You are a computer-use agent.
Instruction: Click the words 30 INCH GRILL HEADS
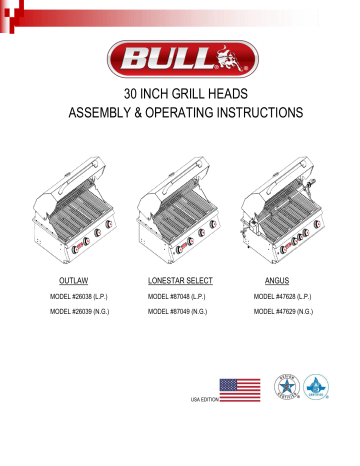click(x=180, y=95)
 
